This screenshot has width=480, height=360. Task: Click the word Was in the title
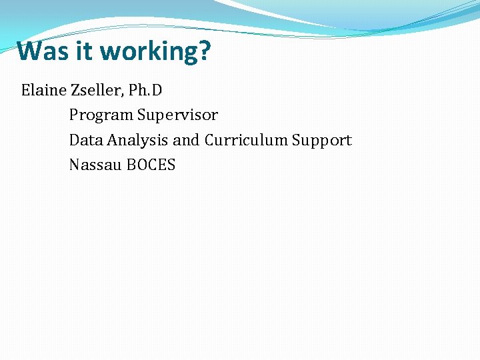coord(41,51)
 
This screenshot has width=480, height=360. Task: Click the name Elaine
coord(42,90)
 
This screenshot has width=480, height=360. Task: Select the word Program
coord(101,115)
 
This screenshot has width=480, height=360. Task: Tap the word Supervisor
coord(178,115)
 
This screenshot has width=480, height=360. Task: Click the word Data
coord(83,140)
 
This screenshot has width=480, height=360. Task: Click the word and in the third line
coord(187,140)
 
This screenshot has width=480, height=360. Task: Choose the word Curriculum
coord(246,140)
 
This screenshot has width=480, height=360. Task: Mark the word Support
coord(322,141)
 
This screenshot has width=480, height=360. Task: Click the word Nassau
coord(93,165)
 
